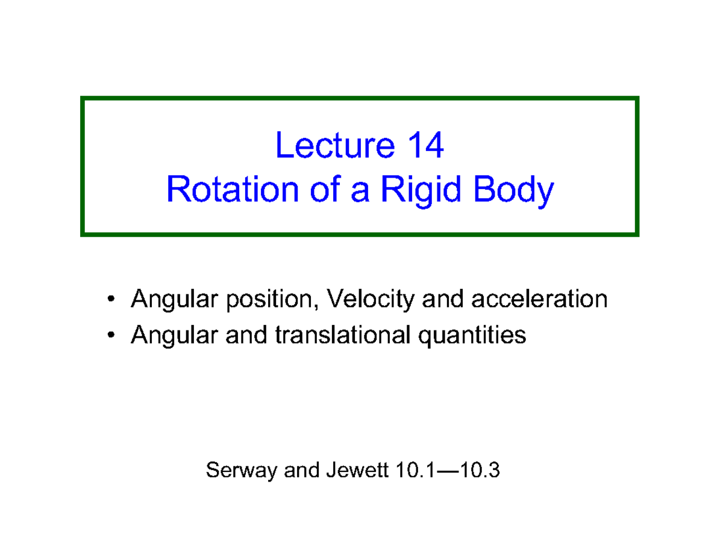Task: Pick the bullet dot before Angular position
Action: (110, 299)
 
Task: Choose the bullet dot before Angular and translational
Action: (110, 335)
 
